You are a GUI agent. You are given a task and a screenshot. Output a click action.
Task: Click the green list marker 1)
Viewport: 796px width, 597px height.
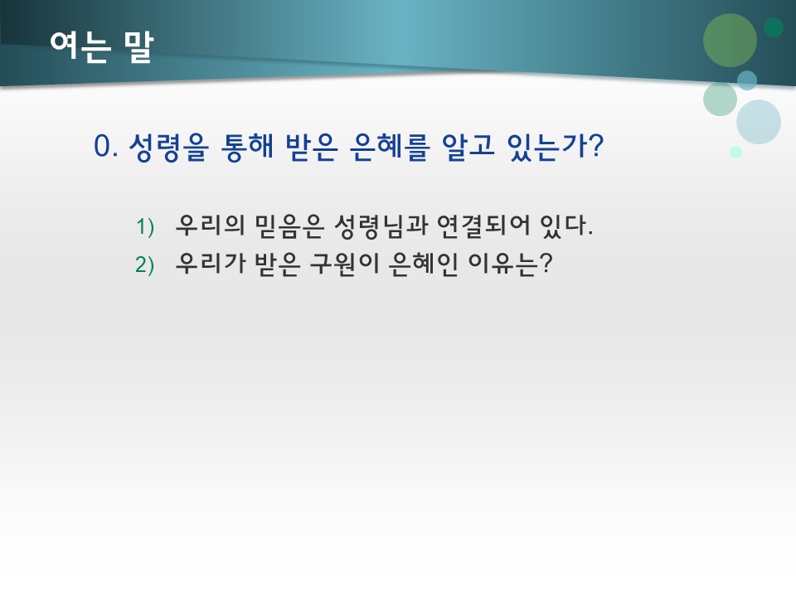[145, 226]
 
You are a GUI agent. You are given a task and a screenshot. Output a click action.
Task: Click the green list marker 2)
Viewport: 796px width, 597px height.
[145, 265]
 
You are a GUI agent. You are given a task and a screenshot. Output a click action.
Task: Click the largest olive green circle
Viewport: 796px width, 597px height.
[730, 40]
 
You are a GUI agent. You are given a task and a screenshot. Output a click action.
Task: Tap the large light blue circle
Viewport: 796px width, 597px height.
[759, 122]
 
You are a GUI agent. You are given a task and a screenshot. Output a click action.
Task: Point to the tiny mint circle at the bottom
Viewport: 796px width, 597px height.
[735, 152]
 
